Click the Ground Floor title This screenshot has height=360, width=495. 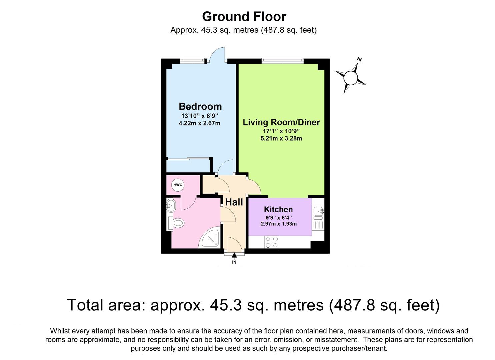tap(244, 16)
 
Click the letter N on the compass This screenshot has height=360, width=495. tap(359, 60)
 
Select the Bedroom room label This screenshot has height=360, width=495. tap(200, 106)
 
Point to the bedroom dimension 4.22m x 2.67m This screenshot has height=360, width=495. tap(200, 123)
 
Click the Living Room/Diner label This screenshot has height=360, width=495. tap(281, 122)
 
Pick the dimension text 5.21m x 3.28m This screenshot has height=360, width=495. tap(281, 138)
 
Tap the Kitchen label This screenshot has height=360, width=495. tap(278, 209)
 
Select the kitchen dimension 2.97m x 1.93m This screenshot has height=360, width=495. tap(278, 224)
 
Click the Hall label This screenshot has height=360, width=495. tap(234, 202)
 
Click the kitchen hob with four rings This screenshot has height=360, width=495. tap(271, 242)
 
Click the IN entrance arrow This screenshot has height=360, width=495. tap(234, 256)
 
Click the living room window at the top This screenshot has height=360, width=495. tap(283, 61)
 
